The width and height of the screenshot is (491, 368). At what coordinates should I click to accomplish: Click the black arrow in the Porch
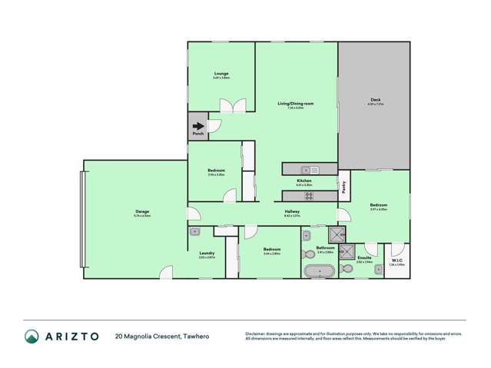point(198,127)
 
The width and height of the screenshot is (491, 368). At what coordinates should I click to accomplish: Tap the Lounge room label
point(221,74)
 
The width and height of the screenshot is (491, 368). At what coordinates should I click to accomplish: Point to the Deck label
point(375,99)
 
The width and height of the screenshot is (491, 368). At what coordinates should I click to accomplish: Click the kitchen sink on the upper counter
point(305,169)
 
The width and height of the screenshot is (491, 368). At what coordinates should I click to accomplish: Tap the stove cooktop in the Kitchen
point(308,195)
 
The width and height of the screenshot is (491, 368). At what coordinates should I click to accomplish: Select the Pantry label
point(343,185)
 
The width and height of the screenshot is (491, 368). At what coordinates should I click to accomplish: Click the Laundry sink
point(194,230)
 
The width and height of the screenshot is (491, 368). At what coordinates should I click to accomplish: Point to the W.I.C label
point(397,260)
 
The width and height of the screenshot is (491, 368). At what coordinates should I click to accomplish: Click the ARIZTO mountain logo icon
point(32,336)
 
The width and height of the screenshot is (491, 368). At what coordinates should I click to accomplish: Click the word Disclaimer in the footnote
point(257,333)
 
